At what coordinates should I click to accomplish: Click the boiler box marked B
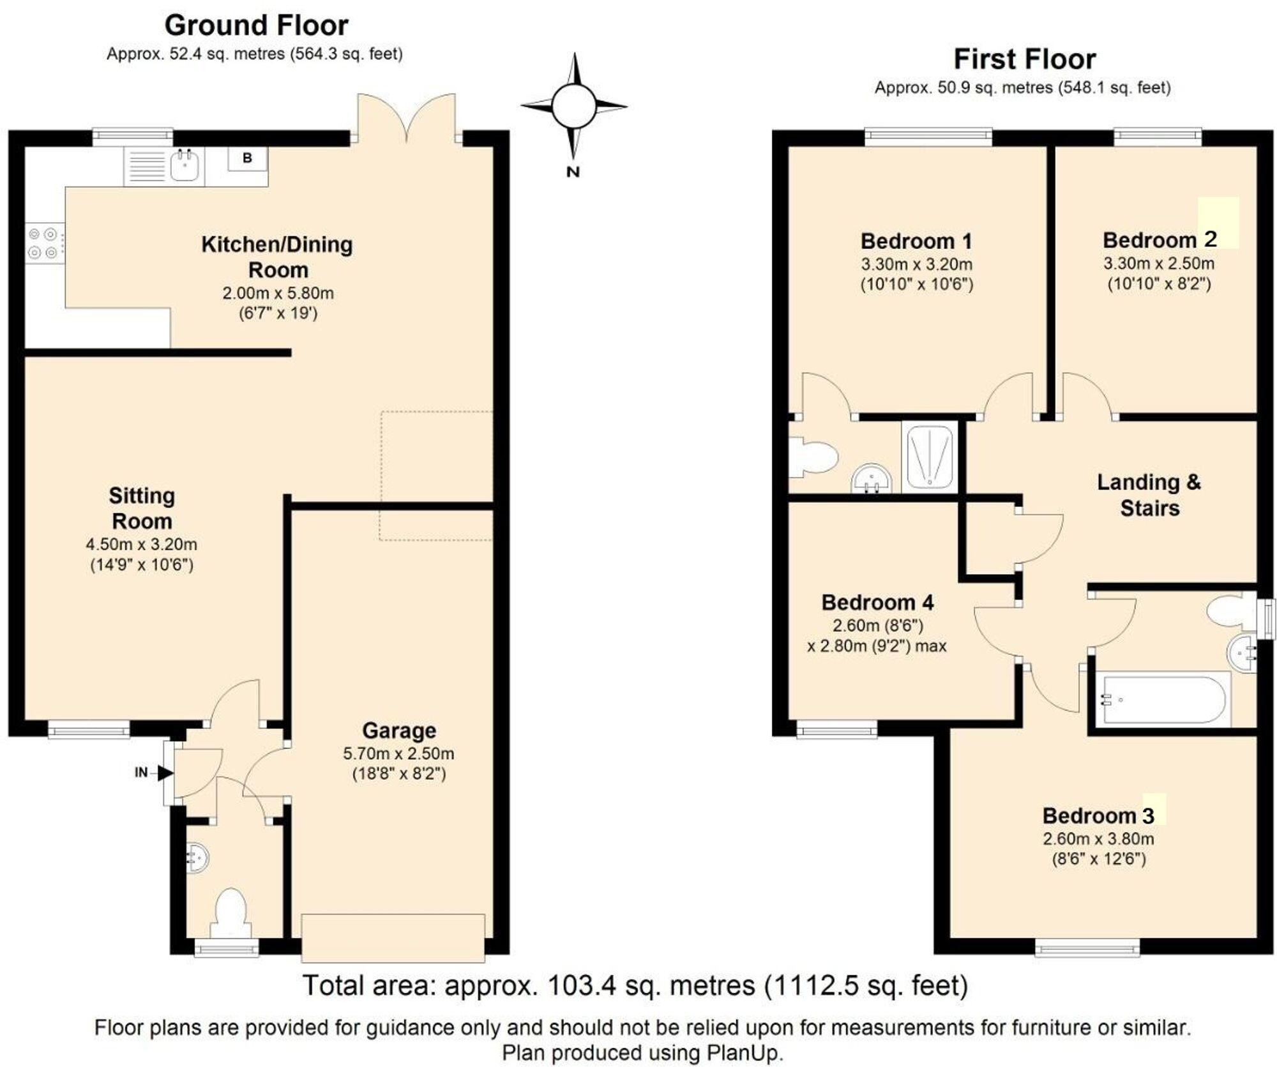point(247,158)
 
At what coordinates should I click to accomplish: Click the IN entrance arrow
point(165,773)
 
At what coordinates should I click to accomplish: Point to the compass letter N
point(573,171)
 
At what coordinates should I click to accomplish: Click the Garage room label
point(399,730)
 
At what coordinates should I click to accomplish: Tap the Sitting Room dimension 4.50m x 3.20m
point(142,545)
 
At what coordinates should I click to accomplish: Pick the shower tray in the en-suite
point(930,456)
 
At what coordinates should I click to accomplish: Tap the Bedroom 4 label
point(877,602)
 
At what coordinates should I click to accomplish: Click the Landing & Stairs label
point(1149,495)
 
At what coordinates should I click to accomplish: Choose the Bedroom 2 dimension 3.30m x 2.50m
point(1159,263)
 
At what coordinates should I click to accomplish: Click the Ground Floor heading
point(256,26)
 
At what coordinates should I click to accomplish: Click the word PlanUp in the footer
point(743,1052)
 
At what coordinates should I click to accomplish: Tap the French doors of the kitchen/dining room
point(407,118)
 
